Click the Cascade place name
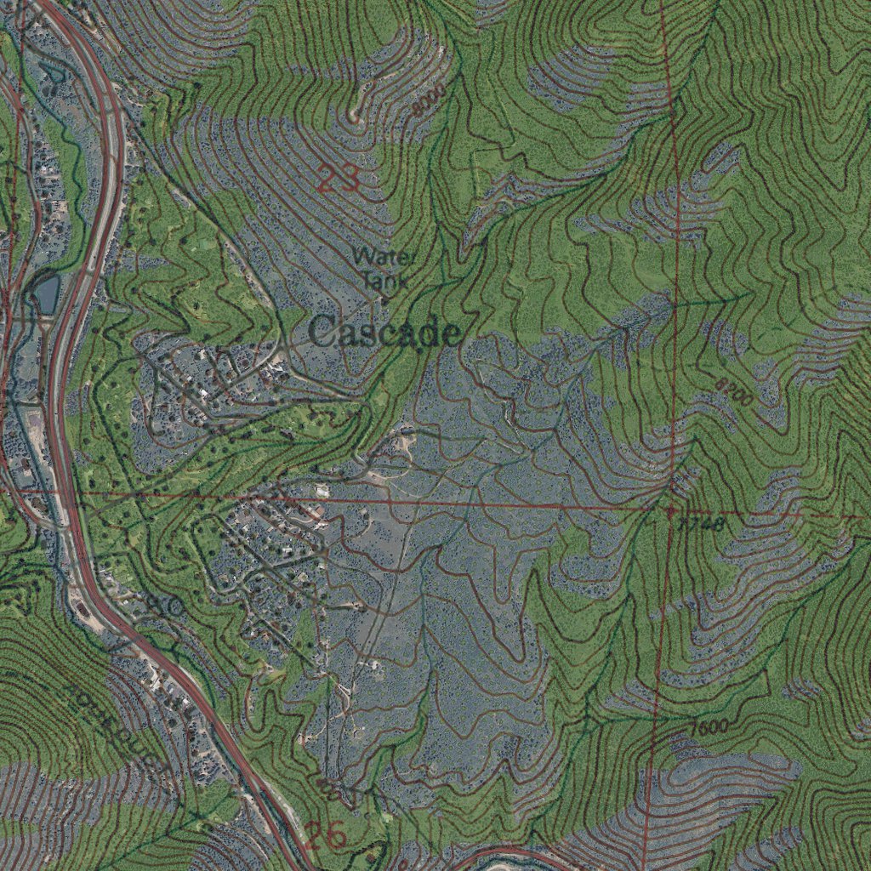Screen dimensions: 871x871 [384, 333]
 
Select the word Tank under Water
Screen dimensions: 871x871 [384, 278]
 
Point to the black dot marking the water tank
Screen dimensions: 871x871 [384, 299]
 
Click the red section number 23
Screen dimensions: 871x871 [338, 179]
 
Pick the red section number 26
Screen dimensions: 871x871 [326, 836]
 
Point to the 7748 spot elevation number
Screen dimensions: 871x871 [703, 525]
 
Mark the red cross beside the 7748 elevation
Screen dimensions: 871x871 [670, 511]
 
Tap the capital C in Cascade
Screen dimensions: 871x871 [322, 332]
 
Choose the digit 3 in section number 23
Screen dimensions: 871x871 [348, 179]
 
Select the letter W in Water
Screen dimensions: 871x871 [363, 255]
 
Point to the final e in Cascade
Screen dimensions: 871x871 [451, 334]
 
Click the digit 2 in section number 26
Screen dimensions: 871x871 [315, 836]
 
